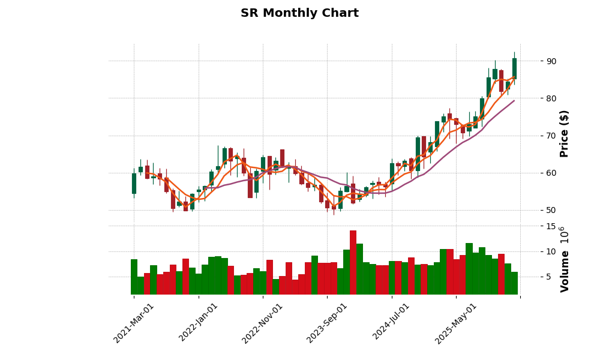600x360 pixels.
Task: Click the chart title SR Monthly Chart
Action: click(x=299, y=13)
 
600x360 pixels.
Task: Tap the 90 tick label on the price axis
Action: click(x=551, y=61)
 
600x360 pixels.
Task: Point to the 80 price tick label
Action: click(x=551, y=98)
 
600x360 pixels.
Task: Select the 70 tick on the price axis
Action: click(x=551, y=136)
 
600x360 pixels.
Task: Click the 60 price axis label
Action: click(x=551, y=173)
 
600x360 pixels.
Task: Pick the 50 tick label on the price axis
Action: click(x=551, y=210)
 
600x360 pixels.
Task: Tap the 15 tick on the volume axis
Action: click(x=551, y=226)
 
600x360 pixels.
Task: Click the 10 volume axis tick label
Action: click(x=551, y=251)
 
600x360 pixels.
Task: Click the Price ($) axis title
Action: click(x=564, y=133)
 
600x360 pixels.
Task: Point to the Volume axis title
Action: click(x=564, y=260)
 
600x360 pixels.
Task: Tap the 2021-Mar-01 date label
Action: click(x=134, y=323)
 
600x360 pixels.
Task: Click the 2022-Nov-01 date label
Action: click(x=263, y=323)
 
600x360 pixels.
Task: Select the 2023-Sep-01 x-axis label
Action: click(x=328, y=323)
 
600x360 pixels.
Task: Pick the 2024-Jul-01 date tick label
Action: click(x=392, y=323)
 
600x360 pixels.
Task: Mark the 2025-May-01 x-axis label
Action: click(x=457, y=323)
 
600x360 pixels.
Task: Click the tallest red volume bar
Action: click(x=353, y=262)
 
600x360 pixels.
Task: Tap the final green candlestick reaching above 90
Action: click(x=514, y=68)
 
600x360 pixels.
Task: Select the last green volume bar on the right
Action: click(x=514, y=283)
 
